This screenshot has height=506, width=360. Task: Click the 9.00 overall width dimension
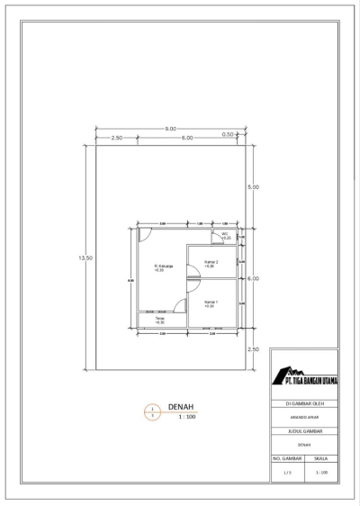coord(170,129)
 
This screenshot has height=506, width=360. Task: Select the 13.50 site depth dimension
coord(86,258)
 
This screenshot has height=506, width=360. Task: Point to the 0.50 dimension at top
coord(229,135)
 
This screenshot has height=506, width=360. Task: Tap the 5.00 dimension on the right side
coord(253,187)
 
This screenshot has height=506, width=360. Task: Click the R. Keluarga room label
coord(163,267)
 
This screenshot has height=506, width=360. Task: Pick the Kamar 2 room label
coord(211,264)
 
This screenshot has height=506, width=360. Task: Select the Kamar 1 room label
coord(211,303)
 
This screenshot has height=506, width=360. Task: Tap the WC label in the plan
coord(226,235)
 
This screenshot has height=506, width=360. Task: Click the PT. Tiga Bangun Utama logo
coord(304,377)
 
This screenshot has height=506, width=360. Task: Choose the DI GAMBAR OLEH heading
coord(304,404)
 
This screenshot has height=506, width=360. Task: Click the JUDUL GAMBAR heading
coord(304,431)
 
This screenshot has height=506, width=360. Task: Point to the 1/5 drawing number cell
coord(287,472)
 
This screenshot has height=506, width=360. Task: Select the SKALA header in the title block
coord(321,457)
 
